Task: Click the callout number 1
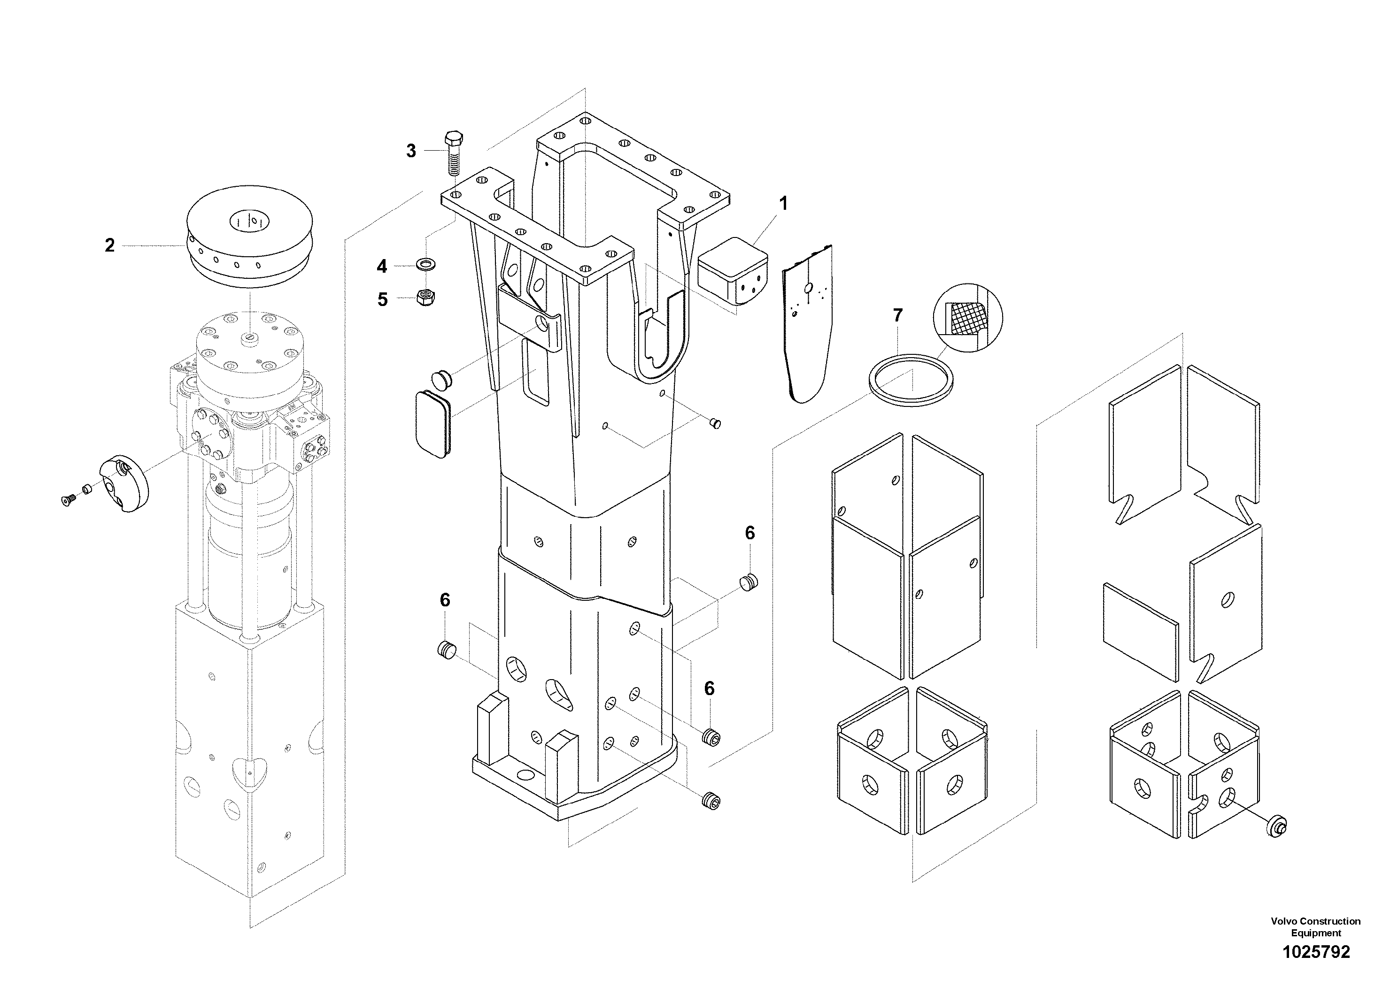tap(784, 204)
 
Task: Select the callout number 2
tap(109, 245)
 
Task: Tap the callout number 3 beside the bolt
tap(411, 151)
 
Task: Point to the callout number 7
tap(897, 315)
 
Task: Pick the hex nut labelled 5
tap(425, 298)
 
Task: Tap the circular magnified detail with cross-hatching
tap(967, 317)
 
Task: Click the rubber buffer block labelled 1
tap(733, 270)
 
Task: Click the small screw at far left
tap(68, 499)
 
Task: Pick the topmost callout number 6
tap(749, 533)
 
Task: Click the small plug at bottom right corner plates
tap(1277, 827)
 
